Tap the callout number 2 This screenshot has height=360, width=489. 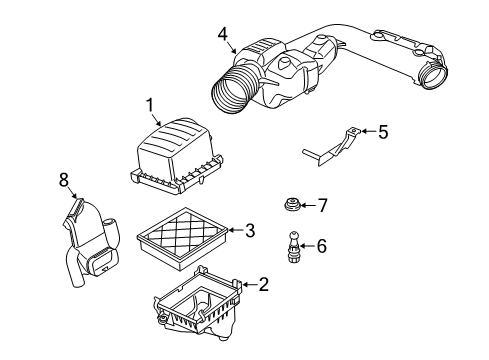(263, 285)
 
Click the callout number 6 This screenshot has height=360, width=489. (320, 244)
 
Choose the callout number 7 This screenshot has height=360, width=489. (322, 205)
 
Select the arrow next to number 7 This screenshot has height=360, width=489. (309, 205)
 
